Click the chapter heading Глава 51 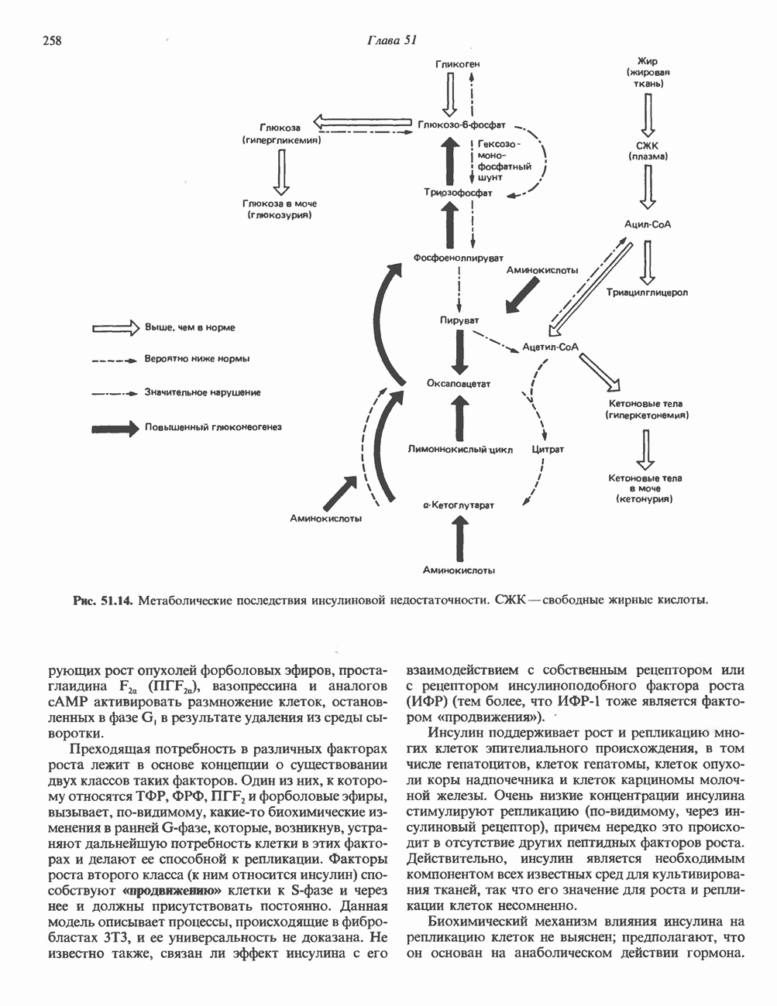(x=391, y=41)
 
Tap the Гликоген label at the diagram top (x=457, y=64)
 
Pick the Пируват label (x=459, y=320)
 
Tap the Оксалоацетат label (x=459, y=384)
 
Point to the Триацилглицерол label (x=648, y=293)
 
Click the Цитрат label (x=548, y=449)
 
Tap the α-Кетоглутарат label (x=459, y=505)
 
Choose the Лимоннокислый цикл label (x=460, y=449)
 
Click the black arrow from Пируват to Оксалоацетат (x=459, y=352)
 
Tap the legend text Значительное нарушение (x=201, y=392)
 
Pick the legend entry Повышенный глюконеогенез (x=211, y=426)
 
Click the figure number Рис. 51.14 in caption (x=103, y=600)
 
